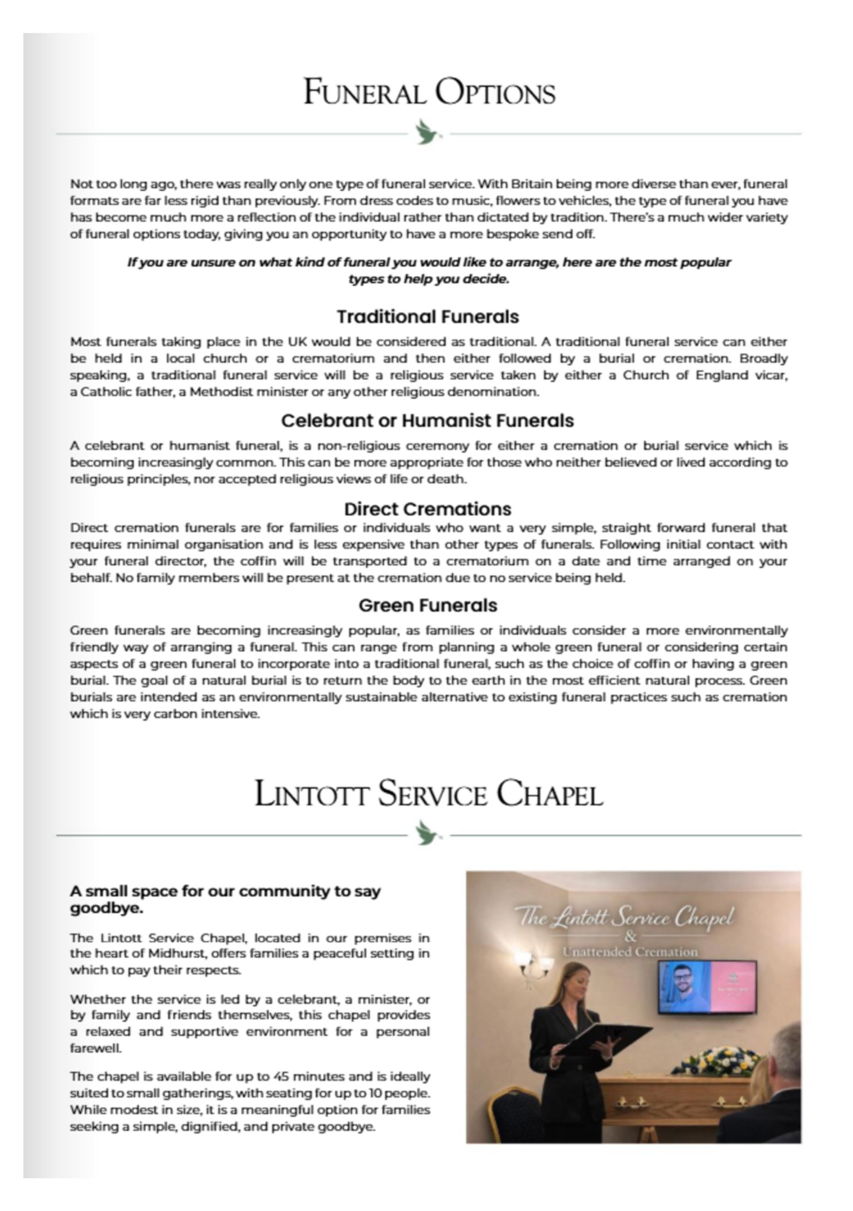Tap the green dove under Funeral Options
428,133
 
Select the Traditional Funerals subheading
428,316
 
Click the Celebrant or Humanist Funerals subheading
428,420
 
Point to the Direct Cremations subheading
428,509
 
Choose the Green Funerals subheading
428,605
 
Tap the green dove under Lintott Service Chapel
428,833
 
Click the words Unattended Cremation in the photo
630,952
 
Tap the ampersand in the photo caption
630,936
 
